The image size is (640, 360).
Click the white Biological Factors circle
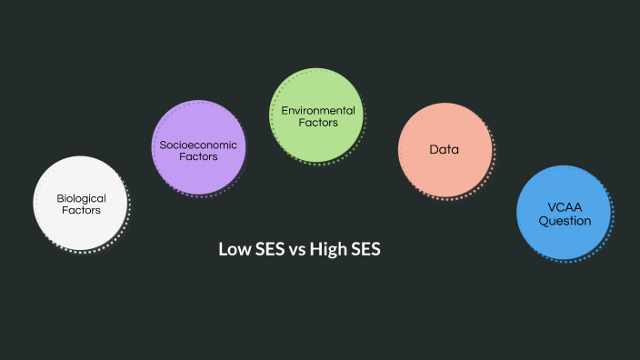[79, 203]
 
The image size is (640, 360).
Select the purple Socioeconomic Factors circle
[197, 148]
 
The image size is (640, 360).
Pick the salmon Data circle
[445, 150]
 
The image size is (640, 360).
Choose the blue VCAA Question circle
[564, 214]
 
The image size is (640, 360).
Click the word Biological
[82, 197]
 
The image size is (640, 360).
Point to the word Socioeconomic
[197, 145]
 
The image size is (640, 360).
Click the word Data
[445, 149]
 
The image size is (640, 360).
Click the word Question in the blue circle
[565, 220]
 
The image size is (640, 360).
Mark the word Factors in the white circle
[81, 210]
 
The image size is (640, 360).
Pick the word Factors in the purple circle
[197, 157]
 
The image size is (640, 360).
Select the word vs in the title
[296, 249]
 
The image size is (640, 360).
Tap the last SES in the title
[365, 249]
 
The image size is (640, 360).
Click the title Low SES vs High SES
[299, 249]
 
